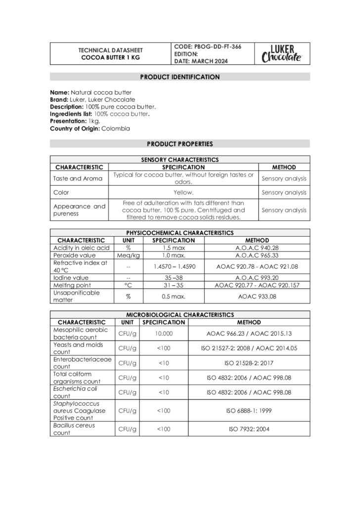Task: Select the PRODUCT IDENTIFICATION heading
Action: tap(180, 77)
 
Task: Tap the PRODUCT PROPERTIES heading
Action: tap(180, 144)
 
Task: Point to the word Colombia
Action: tap(116, 128)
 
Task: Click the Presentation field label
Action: tap(68, 121)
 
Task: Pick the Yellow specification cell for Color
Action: tap(183, 193)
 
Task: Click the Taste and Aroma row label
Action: tap(78, 178)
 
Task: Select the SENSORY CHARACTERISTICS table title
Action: tap(180, 160)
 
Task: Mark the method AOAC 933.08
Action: tap(257, 297)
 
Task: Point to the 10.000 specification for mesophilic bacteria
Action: tap(163, 334)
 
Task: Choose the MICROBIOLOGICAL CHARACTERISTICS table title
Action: tap(180, 314)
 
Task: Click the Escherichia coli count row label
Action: tap(75, 392)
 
